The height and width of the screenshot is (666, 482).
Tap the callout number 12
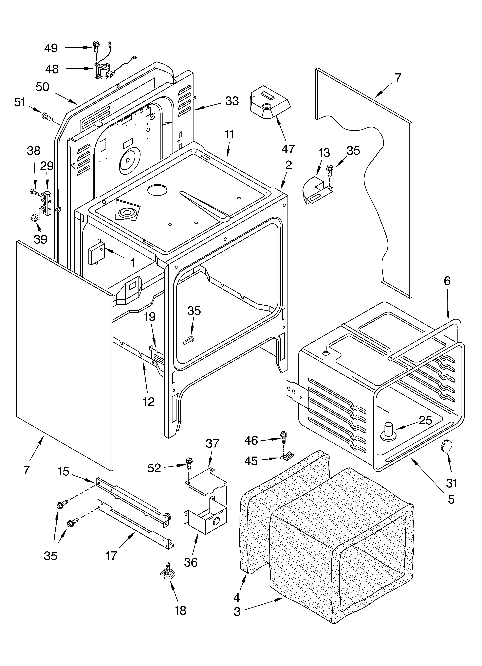(x=149, y=401)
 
